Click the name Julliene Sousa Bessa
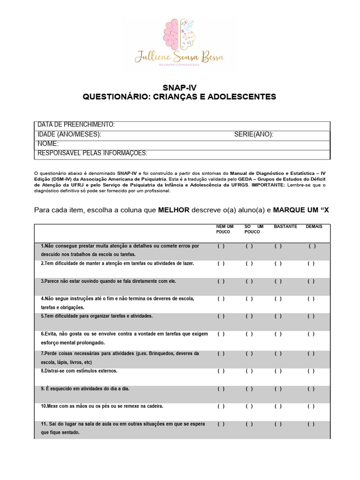tap(180, 58)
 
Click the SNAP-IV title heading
tap(180, 88)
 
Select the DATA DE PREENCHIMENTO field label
tap(76, 125)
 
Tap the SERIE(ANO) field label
tap(254, 135)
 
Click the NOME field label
tap(48, 143)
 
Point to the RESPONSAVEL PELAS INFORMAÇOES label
tap(92, 153)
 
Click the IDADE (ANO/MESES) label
tap(69, 135)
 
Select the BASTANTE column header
tap(285, 226)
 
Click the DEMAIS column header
tap(314, 226)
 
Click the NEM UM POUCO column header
tap(225, 229)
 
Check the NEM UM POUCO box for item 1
tap(221, 246)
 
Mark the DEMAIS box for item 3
tap(311, 281)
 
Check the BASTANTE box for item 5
tap(278, 316)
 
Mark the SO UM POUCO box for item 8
tap(249, 371)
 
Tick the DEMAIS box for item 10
tap(311, 406)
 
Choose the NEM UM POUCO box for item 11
tap(221, 424)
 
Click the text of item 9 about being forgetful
tap(85, 389)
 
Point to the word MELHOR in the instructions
tap(173, 210)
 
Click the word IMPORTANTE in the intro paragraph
tap(268, 185)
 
